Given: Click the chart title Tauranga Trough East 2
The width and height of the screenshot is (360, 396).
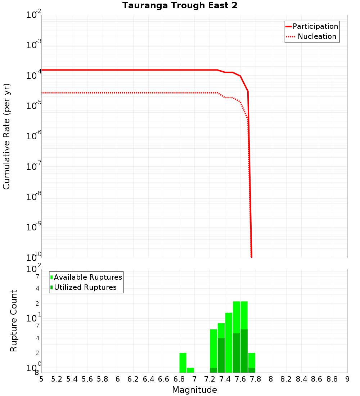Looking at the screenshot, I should [180, 6].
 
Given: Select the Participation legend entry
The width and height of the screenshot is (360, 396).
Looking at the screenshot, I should [315, 26].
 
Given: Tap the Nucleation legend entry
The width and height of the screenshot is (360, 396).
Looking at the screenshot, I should [317, 36].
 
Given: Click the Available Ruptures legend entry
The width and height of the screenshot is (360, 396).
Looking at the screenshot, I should [88, 277].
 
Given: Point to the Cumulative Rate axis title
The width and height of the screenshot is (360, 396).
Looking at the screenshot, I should [6, 136].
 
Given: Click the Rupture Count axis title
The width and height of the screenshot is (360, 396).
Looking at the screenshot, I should [14, 321].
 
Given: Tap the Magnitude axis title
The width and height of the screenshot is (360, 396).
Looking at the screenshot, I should [194, 390].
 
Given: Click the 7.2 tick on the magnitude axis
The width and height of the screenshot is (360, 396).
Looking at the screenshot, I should [210, 379].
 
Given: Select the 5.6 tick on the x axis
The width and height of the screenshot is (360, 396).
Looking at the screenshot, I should [87, 379].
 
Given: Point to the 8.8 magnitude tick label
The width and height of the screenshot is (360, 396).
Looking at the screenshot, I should [332, 379].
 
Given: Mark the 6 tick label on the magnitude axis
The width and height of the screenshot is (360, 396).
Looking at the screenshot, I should [118, 379].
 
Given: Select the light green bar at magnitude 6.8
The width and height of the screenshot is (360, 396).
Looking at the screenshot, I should [183, 363].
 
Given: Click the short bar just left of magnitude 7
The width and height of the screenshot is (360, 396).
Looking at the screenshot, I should [190, 370].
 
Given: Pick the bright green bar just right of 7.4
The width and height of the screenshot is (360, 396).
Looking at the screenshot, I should [229, 342].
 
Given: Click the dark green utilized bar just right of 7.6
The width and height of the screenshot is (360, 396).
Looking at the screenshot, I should [244, 351].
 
